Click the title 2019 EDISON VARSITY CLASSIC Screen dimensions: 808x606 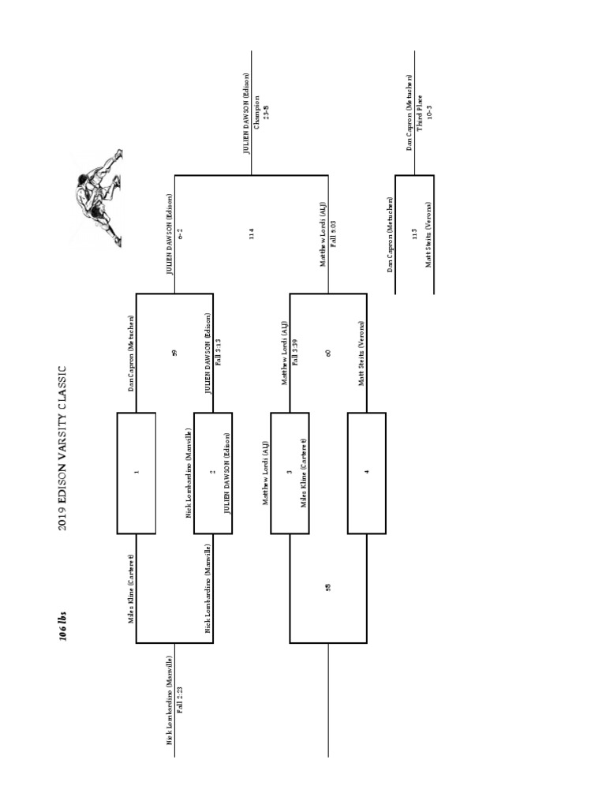click(x=65, y=449)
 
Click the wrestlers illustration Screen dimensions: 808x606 click(x=99, y=197)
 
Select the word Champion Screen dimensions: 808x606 click(x=258, y=114)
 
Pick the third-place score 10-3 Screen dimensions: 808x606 click(x=429, y=112)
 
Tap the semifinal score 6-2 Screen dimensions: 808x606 click(x=181, y=234)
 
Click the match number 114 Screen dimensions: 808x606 click(x=252, y=234)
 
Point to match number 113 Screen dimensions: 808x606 click(x=414, y=234)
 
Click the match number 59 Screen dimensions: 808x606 click(x=174, y=353)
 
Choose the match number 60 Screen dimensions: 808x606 click(x=329, y=353)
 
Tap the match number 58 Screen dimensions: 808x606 click(x=329, y=587)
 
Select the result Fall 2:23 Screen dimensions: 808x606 click(x=181, y=699)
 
